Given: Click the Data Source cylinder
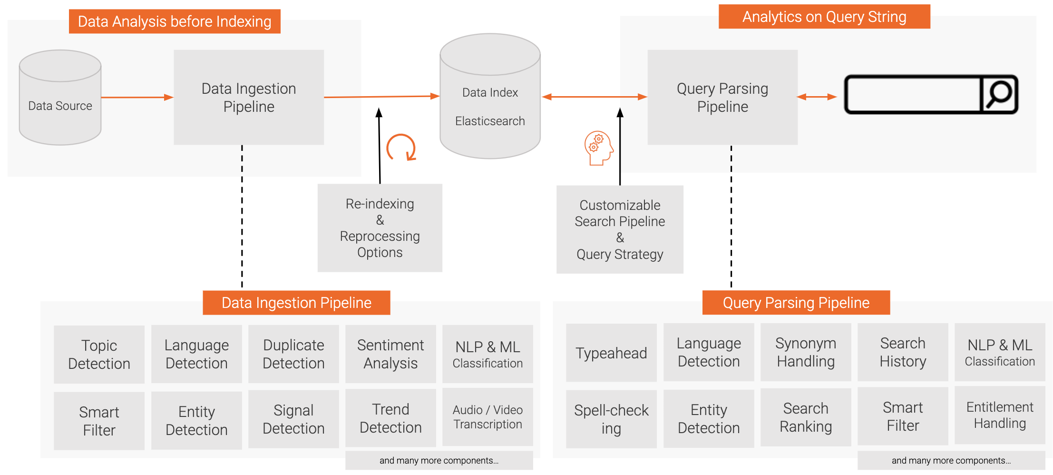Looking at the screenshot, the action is (60, 98).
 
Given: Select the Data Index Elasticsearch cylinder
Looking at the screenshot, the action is (490, 96).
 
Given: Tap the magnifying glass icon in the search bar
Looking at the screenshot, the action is (999, 94).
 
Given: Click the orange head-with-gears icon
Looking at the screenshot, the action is (599, 148).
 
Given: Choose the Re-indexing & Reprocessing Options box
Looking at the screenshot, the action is (380, 228).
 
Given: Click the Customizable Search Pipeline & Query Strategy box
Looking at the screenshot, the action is (620, 229).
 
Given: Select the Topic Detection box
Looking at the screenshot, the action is (99, 355).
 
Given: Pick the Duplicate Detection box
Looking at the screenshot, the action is (293, 354).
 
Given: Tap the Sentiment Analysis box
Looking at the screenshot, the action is (390, 354).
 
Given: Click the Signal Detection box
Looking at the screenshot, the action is (293, 419).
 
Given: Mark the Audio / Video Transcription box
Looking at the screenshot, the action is (487, 417).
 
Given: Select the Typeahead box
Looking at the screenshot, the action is (611, 353).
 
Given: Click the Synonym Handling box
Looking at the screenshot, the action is (806, 352).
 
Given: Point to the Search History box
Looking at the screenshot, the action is (903, 352).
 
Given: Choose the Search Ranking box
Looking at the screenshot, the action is (806, 417).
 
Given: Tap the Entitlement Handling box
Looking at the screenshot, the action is (1000, 415).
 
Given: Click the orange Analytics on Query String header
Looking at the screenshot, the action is (824, 17).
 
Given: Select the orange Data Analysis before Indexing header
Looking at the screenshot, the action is (175, 21).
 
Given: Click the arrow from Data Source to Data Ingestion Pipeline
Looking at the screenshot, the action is (137, 98).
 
